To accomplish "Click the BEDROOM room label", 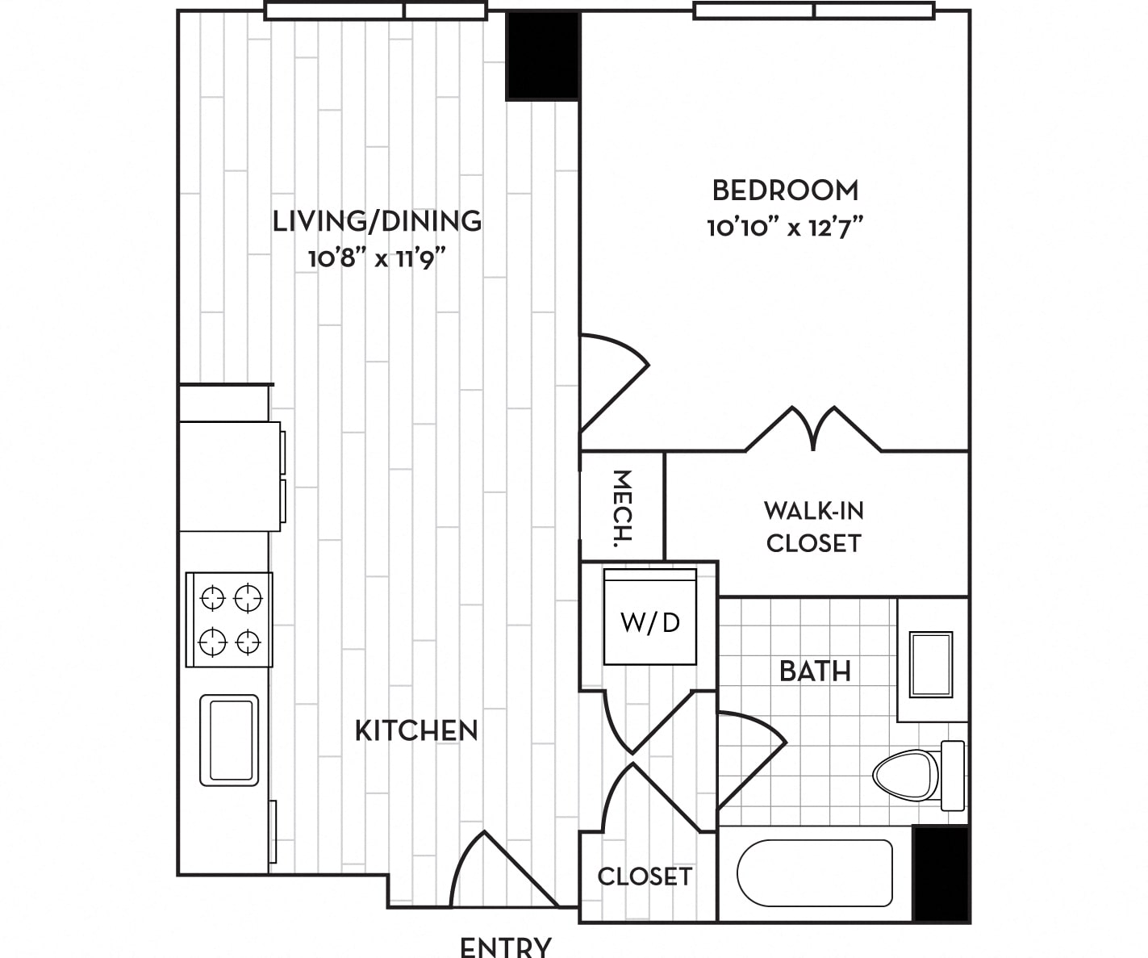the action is point(785,190).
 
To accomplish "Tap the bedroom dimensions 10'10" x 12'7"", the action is point(785,227).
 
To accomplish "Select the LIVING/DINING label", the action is point(378,221).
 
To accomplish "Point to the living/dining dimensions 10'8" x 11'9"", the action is point(377,257).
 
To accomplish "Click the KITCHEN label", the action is point(416,731).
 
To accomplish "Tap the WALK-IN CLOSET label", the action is point(814,527).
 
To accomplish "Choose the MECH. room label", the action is point(622,508).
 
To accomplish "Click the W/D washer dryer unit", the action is point(650,617).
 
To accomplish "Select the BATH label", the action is point(816,671).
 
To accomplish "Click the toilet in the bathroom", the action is point(918,776).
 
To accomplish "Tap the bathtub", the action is point(814,872).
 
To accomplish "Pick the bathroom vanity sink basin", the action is point(931,664).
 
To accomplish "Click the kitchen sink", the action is point(229,740).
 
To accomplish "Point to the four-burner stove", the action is point(229,620).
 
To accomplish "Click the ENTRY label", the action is point(505,947).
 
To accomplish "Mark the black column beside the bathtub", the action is point(941,873).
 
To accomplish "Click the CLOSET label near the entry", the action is point(645,876).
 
